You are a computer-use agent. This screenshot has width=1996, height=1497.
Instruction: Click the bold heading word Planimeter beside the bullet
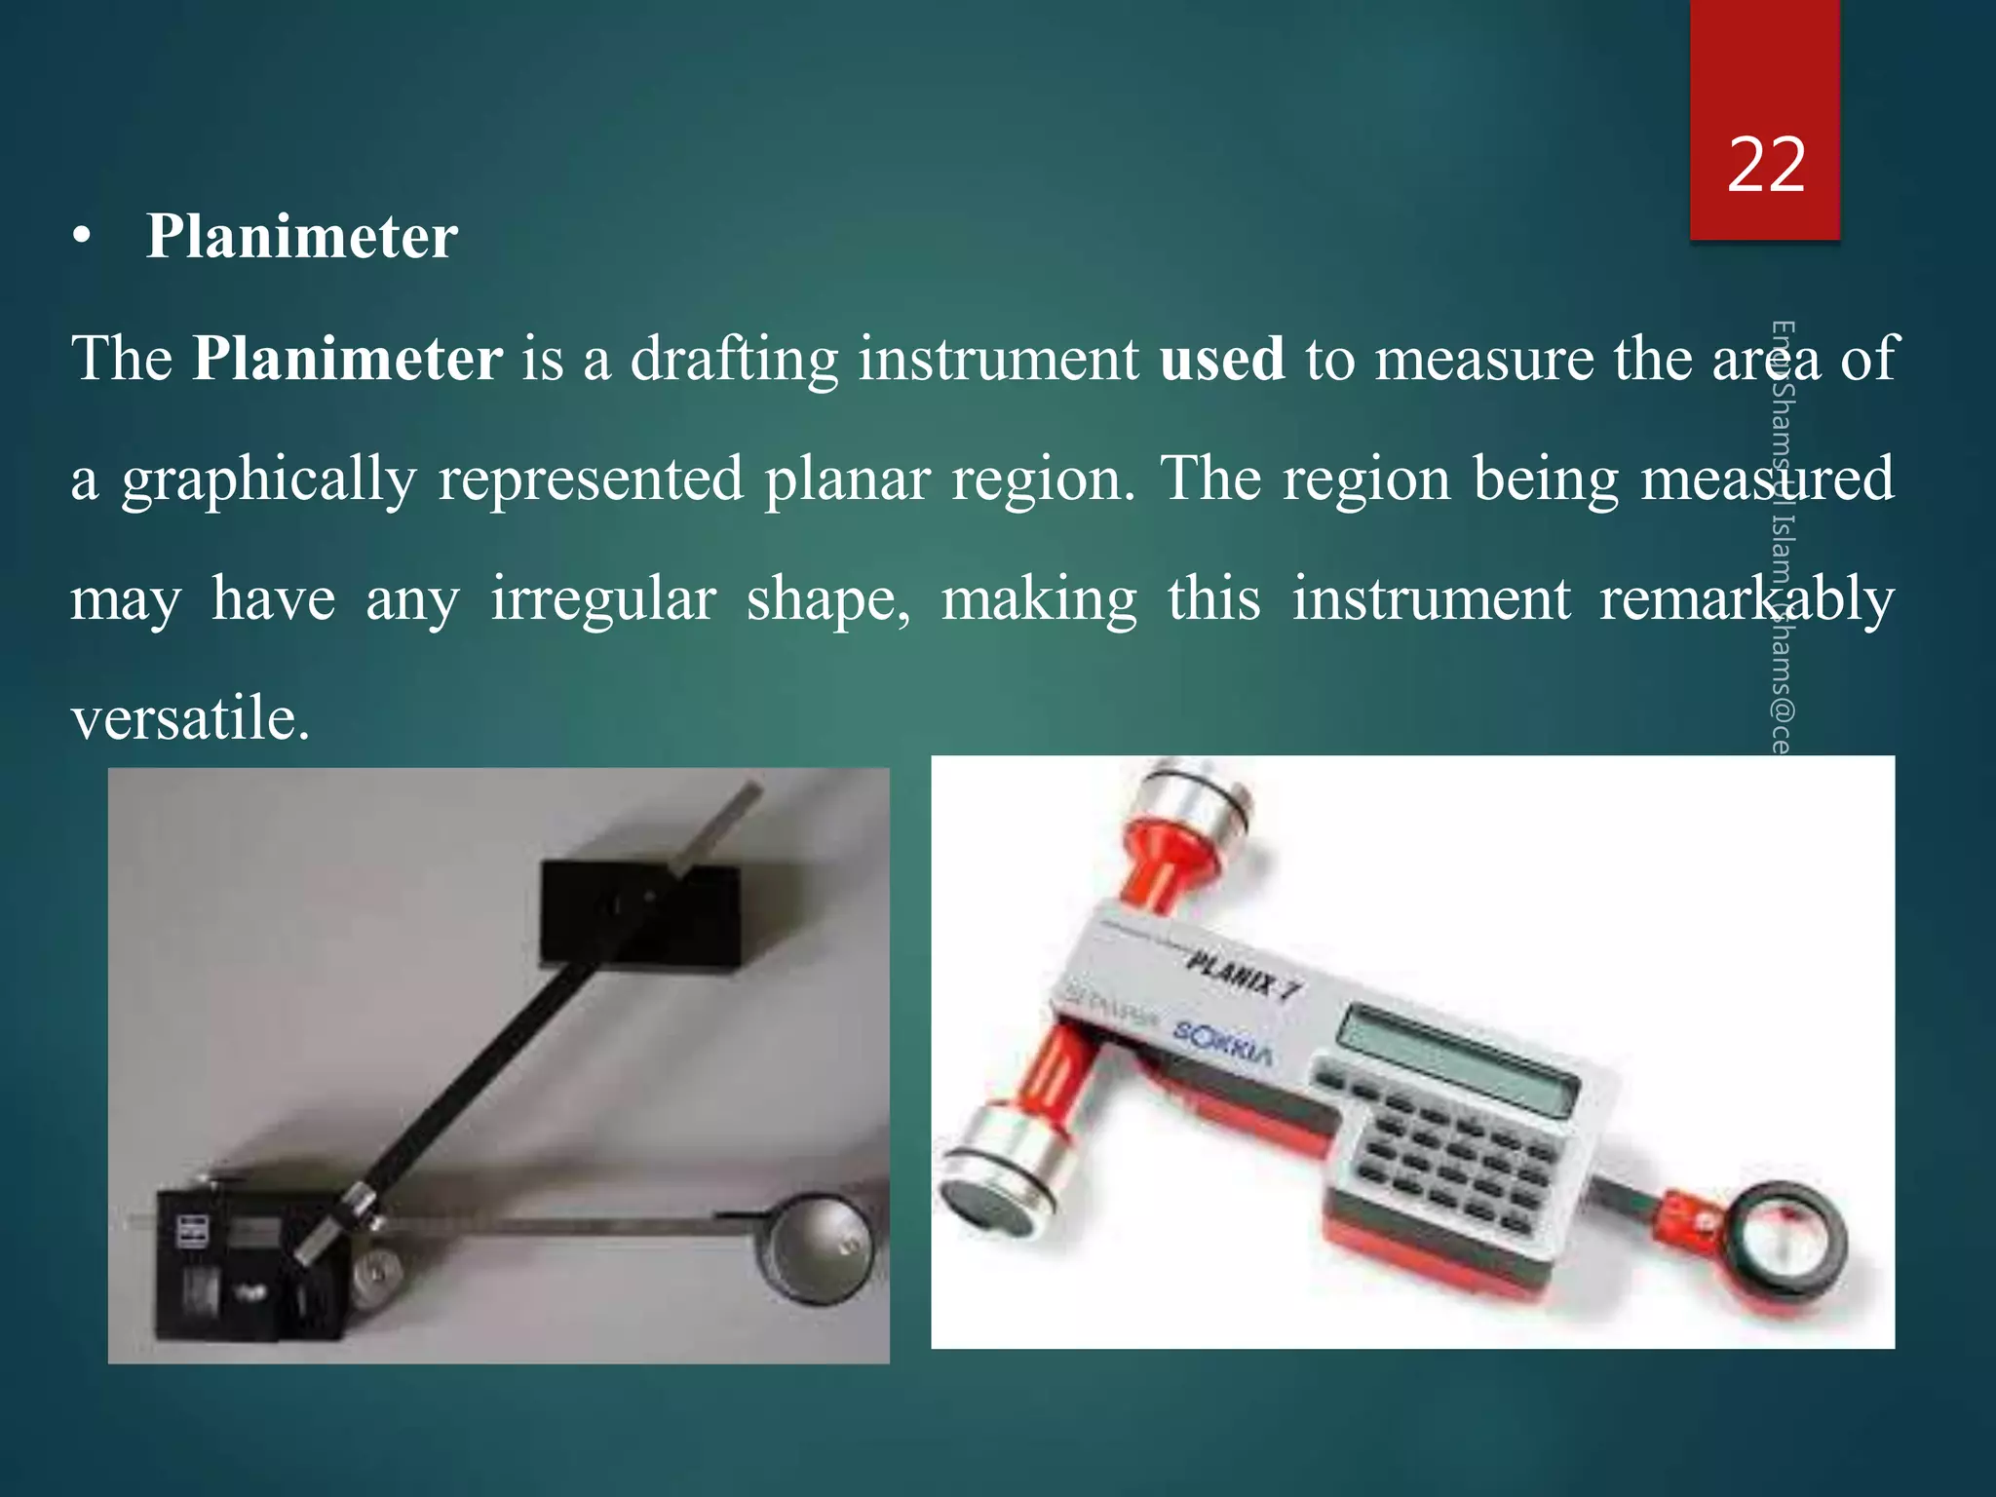pyautogui.click(x=301, y=237)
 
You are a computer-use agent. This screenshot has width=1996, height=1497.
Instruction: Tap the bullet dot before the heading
pyautogui.click(x=82, y=238)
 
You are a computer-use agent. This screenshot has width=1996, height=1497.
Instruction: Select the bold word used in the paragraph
pyautogui.click(x=1222, y=359)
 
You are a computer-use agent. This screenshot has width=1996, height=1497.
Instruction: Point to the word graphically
pyautogui.click(x=269, y=480)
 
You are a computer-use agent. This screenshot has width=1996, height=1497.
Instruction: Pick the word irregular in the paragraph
pyautogui.click(x=603, y=598)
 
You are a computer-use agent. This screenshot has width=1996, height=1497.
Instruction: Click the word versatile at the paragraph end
pyautogui.click(x=190, y=719)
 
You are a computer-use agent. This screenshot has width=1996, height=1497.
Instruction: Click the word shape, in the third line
pyautogui.click(x=828, y=600)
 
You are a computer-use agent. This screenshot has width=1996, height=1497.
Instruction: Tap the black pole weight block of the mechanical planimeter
pyautogui.click(x=638, y=911)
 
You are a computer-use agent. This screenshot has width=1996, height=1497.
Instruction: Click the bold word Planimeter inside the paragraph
pyautogui.click(x=347, y=359)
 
